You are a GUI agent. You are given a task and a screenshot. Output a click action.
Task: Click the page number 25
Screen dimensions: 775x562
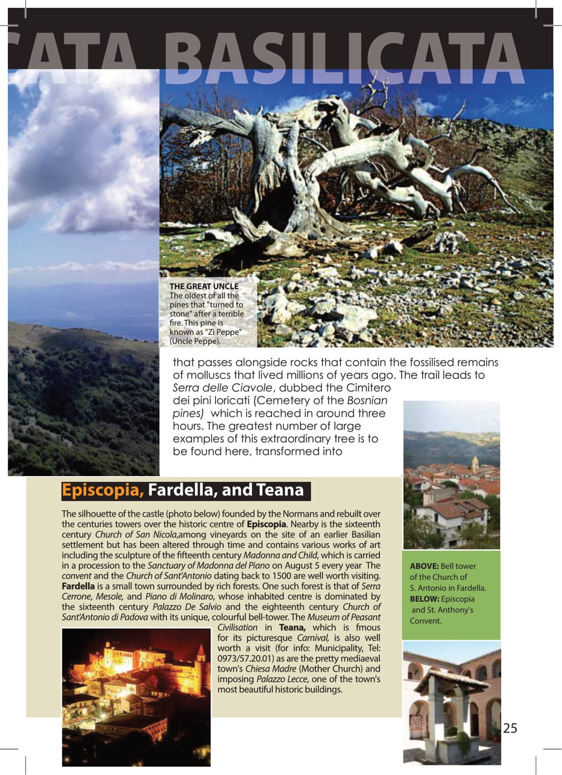tap(510, 728)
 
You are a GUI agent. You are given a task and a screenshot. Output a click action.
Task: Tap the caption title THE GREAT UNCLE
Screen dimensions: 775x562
tap(204, 286)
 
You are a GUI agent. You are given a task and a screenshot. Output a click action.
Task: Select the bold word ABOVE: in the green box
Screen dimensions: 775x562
tap(424, 566)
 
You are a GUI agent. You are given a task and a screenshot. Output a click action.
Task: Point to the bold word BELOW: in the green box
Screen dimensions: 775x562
tap(424, 599)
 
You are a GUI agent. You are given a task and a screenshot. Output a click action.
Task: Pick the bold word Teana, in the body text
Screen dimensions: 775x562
tap(292, 627)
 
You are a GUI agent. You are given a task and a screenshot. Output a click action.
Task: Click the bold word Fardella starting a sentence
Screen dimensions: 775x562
tap(78, 586)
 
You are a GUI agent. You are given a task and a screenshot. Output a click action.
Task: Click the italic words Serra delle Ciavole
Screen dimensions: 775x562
tap(223, 388)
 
